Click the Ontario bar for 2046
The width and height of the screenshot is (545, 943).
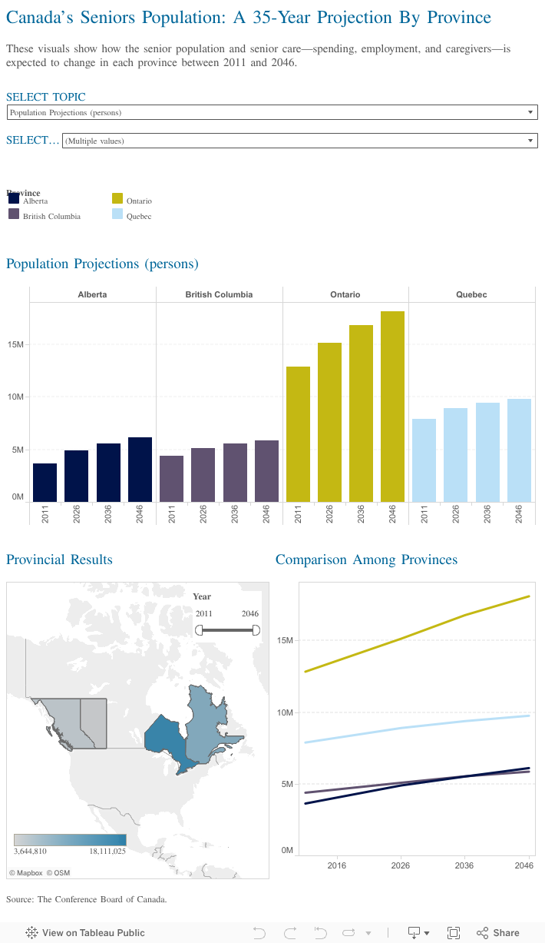(392, 407)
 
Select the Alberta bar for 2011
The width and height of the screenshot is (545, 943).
(45, 483)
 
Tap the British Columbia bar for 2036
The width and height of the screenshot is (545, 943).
(235, 473)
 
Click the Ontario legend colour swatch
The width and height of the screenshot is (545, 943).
(117, 199)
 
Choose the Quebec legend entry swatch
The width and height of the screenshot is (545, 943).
(117, 214)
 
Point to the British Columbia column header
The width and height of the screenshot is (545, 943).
(219, 294)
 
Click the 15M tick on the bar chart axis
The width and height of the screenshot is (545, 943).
(16, 344)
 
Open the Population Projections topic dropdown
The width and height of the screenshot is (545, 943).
(272, 112)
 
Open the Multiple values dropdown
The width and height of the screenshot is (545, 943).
(299, 141)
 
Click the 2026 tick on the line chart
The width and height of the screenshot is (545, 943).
(400, 865)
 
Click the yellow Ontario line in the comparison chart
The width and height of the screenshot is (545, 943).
(400, 638)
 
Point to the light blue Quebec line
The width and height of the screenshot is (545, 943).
(400, 728)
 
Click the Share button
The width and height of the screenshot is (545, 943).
(498, 932)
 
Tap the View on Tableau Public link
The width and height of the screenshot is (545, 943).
(85, 932)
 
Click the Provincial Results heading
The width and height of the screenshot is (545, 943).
(59, 559)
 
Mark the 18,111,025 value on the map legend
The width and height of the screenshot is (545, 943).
(107, 851)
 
